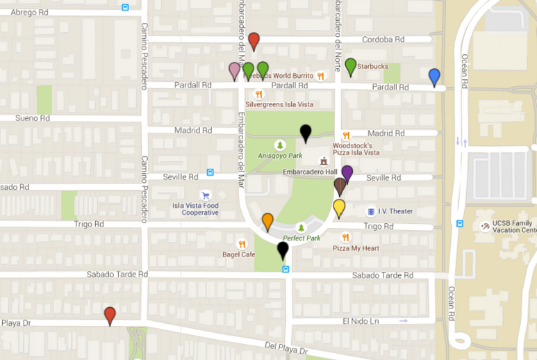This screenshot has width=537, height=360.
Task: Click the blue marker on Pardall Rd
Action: coord(434,76)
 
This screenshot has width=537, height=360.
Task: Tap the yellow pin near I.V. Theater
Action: coord(339,208)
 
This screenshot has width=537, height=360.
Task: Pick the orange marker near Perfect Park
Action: coord(267,222)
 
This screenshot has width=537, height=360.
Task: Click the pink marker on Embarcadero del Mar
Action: coord(235,70)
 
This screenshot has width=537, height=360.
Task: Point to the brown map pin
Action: coord(340,186)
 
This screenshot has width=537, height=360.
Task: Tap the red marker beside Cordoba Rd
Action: coord(254,41)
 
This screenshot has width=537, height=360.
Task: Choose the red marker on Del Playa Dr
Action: coord(110,316)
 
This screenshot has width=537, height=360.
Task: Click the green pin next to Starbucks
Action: coord(351,67)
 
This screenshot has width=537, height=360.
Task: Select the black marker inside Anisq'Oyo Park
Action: coord(305,132)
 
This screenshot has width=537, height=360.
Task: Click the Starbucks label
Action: coord(373,67)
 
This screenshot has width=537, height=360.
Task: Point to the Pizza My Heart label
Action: coord(356,248)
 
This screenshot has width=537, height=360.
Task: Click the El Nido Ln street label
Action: coord(361,321)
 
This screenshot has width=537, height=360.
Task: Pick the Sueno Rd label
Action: coord(33,118)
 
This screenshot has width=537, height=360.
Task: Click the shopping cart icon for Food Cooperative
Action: coord(205,195)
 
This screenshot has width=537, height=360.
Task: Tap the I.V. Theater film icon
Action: coord(372,211)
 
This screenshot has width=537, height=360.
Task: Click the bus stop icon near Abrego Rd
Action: coord(125,7)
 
